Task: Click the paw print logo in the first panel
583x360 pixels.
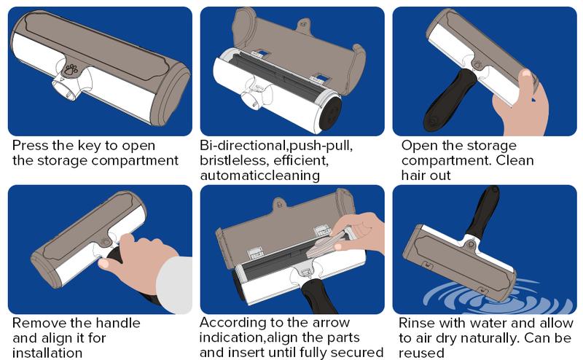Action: [x=71, y=69]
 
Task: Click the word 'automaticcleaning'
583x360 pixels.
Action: [x=260, y=175]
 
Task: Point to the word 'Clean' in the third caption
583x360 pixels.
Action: [x=515, y=160]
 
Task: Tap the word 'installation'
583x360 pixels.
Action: [x=47, y=353]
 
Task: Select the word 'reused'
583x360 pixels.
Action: [x=421, y=353]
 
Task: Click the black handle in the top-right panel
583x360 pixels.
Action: [x=449, y=98]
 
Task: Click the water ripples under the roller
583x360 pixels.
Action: [x=498, y=297]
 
